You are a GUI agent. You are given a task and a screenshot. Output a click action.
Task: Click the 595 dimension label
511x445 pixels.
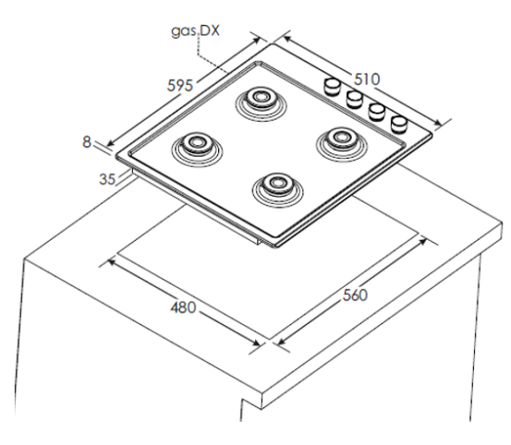(180, 85)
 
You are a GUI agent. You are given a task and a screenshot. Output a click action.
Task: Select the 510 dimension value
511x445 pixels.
(367, 79)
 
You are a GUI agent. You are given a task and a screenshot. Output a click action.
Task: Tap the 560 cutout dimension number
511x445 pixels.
(355, 295)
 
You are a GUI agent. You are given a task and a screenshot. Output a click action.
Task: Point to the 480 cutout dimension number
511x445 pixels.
(183, 307)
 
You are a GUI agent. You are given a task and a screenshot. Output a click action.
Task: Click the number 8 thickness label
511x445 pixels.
(87, 142)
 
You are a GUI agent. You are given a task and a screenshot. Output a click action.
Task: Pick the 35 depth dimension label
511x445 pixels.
(107, 179)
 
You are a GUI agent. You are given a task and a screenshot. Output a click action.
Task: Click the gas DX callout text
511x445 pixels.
(196, 30)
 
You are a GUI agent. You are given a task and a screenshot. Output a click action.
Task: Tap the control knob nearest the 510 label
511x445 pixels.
(332, 86)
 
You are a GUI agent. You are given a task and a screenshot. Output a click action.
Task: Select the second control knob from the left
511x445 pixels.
(354, 99)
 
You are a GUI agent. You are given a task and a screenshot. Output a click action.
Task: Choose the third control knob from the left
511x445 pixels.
(376, 112)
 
